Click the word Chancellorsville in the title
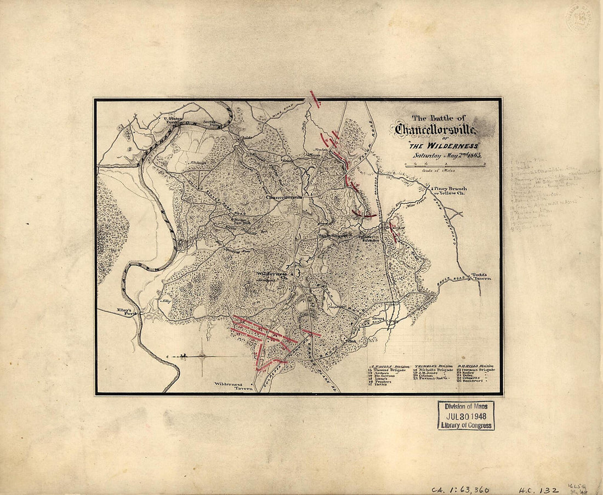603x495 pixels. click(436, 130)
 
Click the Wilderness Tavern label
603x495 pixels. click(233, 386)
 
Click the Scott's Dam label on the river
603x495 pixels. click(209, 124)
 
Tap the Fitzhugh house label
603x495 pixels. click(197, 162)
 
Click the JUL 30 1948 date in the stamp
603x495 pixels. click(465, 415)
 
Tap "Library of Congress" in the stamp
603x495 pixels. click(465, 425)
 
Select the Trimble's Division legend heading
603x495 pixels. click(431, 366)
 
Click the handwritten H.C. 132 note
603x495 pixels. click(539, 489)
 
